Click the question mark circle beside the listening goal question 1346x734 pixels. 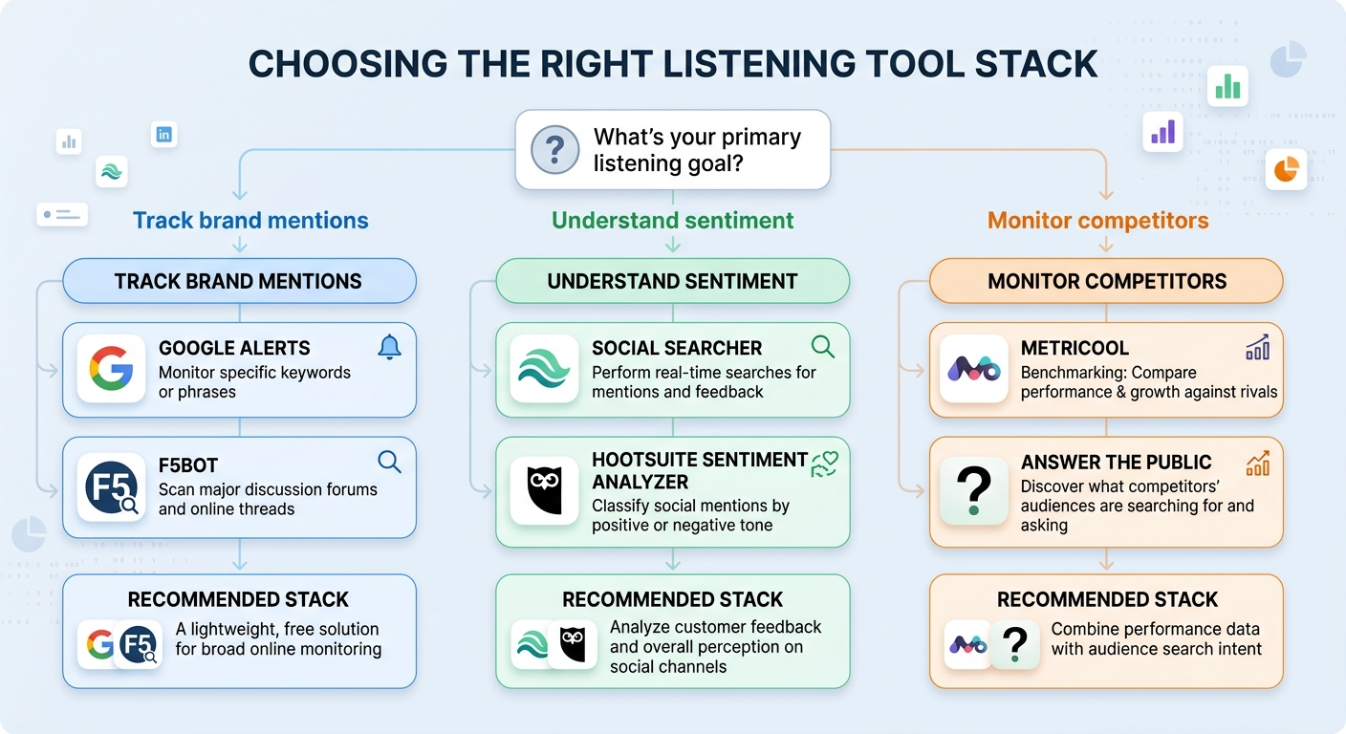point(555,150)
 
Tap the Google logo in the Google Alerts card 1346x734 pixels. point(111,369)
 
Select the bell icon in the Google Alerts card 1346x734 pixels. point(389,347)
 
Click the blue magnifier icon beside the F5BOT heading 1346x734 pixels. point(389,463)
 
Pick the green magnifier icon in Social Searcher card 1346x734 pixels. point(822,346)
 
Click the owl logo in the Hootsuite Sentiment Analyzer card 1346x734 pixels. point(544,490)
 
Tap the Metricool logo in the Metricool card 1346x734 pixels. point(973,369)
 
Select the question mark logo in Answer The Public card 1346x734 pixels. point(973,490)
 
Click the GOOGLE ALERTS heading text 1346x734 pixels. point(234,348)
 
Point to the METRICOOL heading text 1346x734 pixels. point(1075,348)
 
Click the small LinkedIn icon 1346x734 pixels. point(164,135)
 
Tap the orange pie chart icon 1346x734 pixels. point(1286,169)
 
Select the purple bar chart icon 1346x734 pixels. point(1162,131)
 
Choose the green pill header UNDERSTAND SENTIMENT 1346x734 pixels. point(672,281)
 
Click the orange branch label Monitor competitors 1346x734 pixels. point(1097,221)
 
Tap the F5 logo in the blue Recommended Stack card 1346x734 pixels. point(138,644)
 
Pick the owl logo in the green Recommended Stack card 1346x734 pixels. point(572,644)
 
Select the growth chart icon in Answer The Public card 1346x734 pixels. point(1257,464)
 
